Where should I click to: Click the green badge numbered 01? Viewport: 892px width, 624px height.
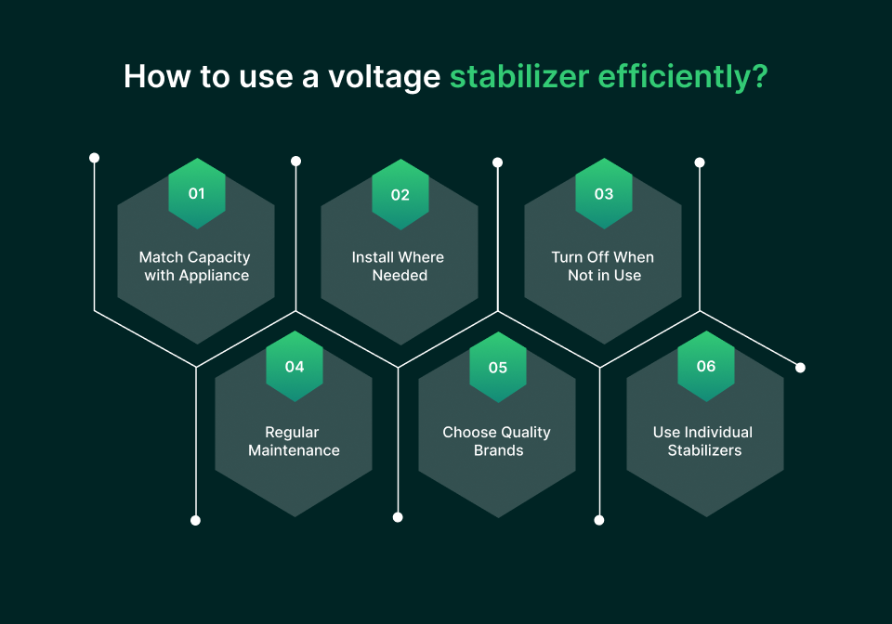tap(196, 193)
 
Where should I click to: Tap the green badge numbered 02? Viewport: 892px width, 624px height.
tap(400, 194)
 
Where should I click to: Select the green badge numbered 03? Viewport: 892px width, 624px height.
tap(604, 193)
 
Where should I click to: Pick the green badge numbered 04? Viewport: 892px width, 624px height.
tap(295, 366)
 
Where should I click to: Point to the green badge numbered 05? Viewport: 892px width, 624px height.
tap(498, 367)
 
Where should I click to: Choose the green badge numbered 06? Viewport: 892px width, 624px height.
tap(706, 366)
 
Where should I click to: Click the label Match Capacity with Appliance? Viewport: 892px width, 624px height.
tap(195, 266)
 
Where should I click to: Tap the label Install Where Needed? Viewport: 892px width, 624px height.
tap(399, 266)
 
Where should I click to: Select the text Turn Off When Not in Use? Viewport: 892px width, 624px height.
tap(603, 266)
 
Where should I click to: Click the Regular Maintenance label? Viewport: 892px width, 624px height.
tap(294, 441)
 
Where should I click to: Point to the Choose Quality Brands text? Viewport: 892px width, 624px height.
tap(497, 441)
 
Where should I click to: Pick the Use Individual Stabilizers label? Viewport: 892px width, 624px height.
tap(704, 441)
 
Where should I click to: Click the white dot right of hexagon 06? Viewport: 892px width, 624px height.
tap(801, 368)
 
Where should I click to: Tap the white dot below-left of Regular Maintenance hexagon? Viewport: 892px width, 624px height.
tap(195, 520)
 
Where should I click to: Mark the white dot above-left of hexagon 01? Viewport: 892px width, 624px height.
tap(94, 158)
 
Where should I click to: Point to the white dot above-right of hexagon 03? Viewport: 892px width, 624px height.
tap(700, 162)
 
